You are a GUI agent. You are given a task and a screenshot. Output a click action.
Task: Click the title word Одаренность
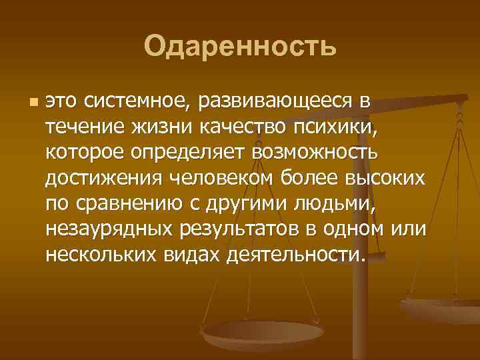tap(240, 47)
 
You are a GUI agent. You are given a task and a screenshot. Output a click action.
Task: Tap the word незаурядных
tap(109, 229)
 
